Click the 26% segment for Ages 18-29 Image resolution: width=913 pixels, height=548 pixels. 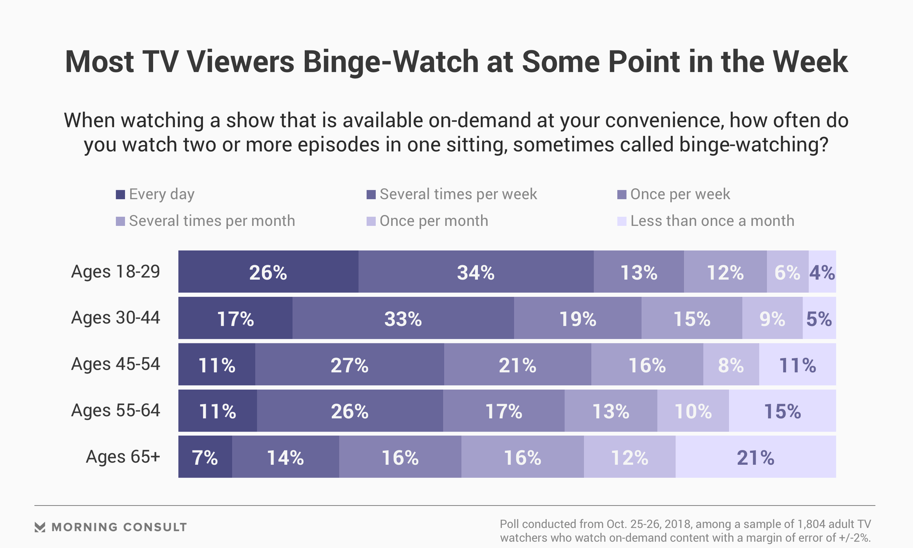(x=268, y=272)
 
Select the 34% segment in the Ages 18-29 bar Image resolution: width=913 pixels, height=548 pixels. (x=476, y=272)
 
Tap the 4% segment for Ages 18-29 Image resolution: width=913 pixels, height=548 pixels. (x=822, y=272)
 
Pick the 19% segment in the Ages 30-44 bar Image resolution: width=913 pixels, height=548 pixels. (x=577, y=318)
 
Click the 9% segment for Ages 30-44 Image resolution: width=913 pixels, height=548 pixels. (x=772, y=318)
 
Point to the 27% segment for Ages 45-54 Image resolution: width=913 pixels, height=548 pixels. (x=350, y=364)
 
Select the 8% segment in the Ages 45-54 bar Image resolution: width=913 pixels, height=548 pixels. (x=731, y=364)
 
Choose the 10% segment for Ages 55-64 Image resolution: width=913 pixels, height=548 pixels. (x=693, y=411)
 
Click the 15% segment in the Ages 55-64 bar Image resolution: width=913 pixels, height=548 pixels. (x=782, y=411)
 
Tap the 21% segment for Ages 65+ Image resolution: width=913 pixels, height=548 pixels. (x=755, y=457)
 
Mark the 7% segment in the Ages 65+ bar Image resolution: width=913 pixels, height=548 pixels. (x=205, y=457)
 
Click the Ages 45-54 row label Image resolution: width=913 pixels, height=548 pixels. (x=116, y=364)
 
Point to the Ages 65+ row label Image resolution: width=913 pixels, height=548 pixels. (x=123, y=457)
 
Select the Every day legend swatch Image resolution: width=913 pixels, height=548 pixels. (x=120, y=195)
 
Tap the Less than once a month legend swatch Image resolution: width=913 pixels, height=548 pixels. (x=622, y=221)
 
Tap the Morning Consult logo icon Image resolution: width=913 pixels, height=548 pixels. (x=40, y=527)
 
